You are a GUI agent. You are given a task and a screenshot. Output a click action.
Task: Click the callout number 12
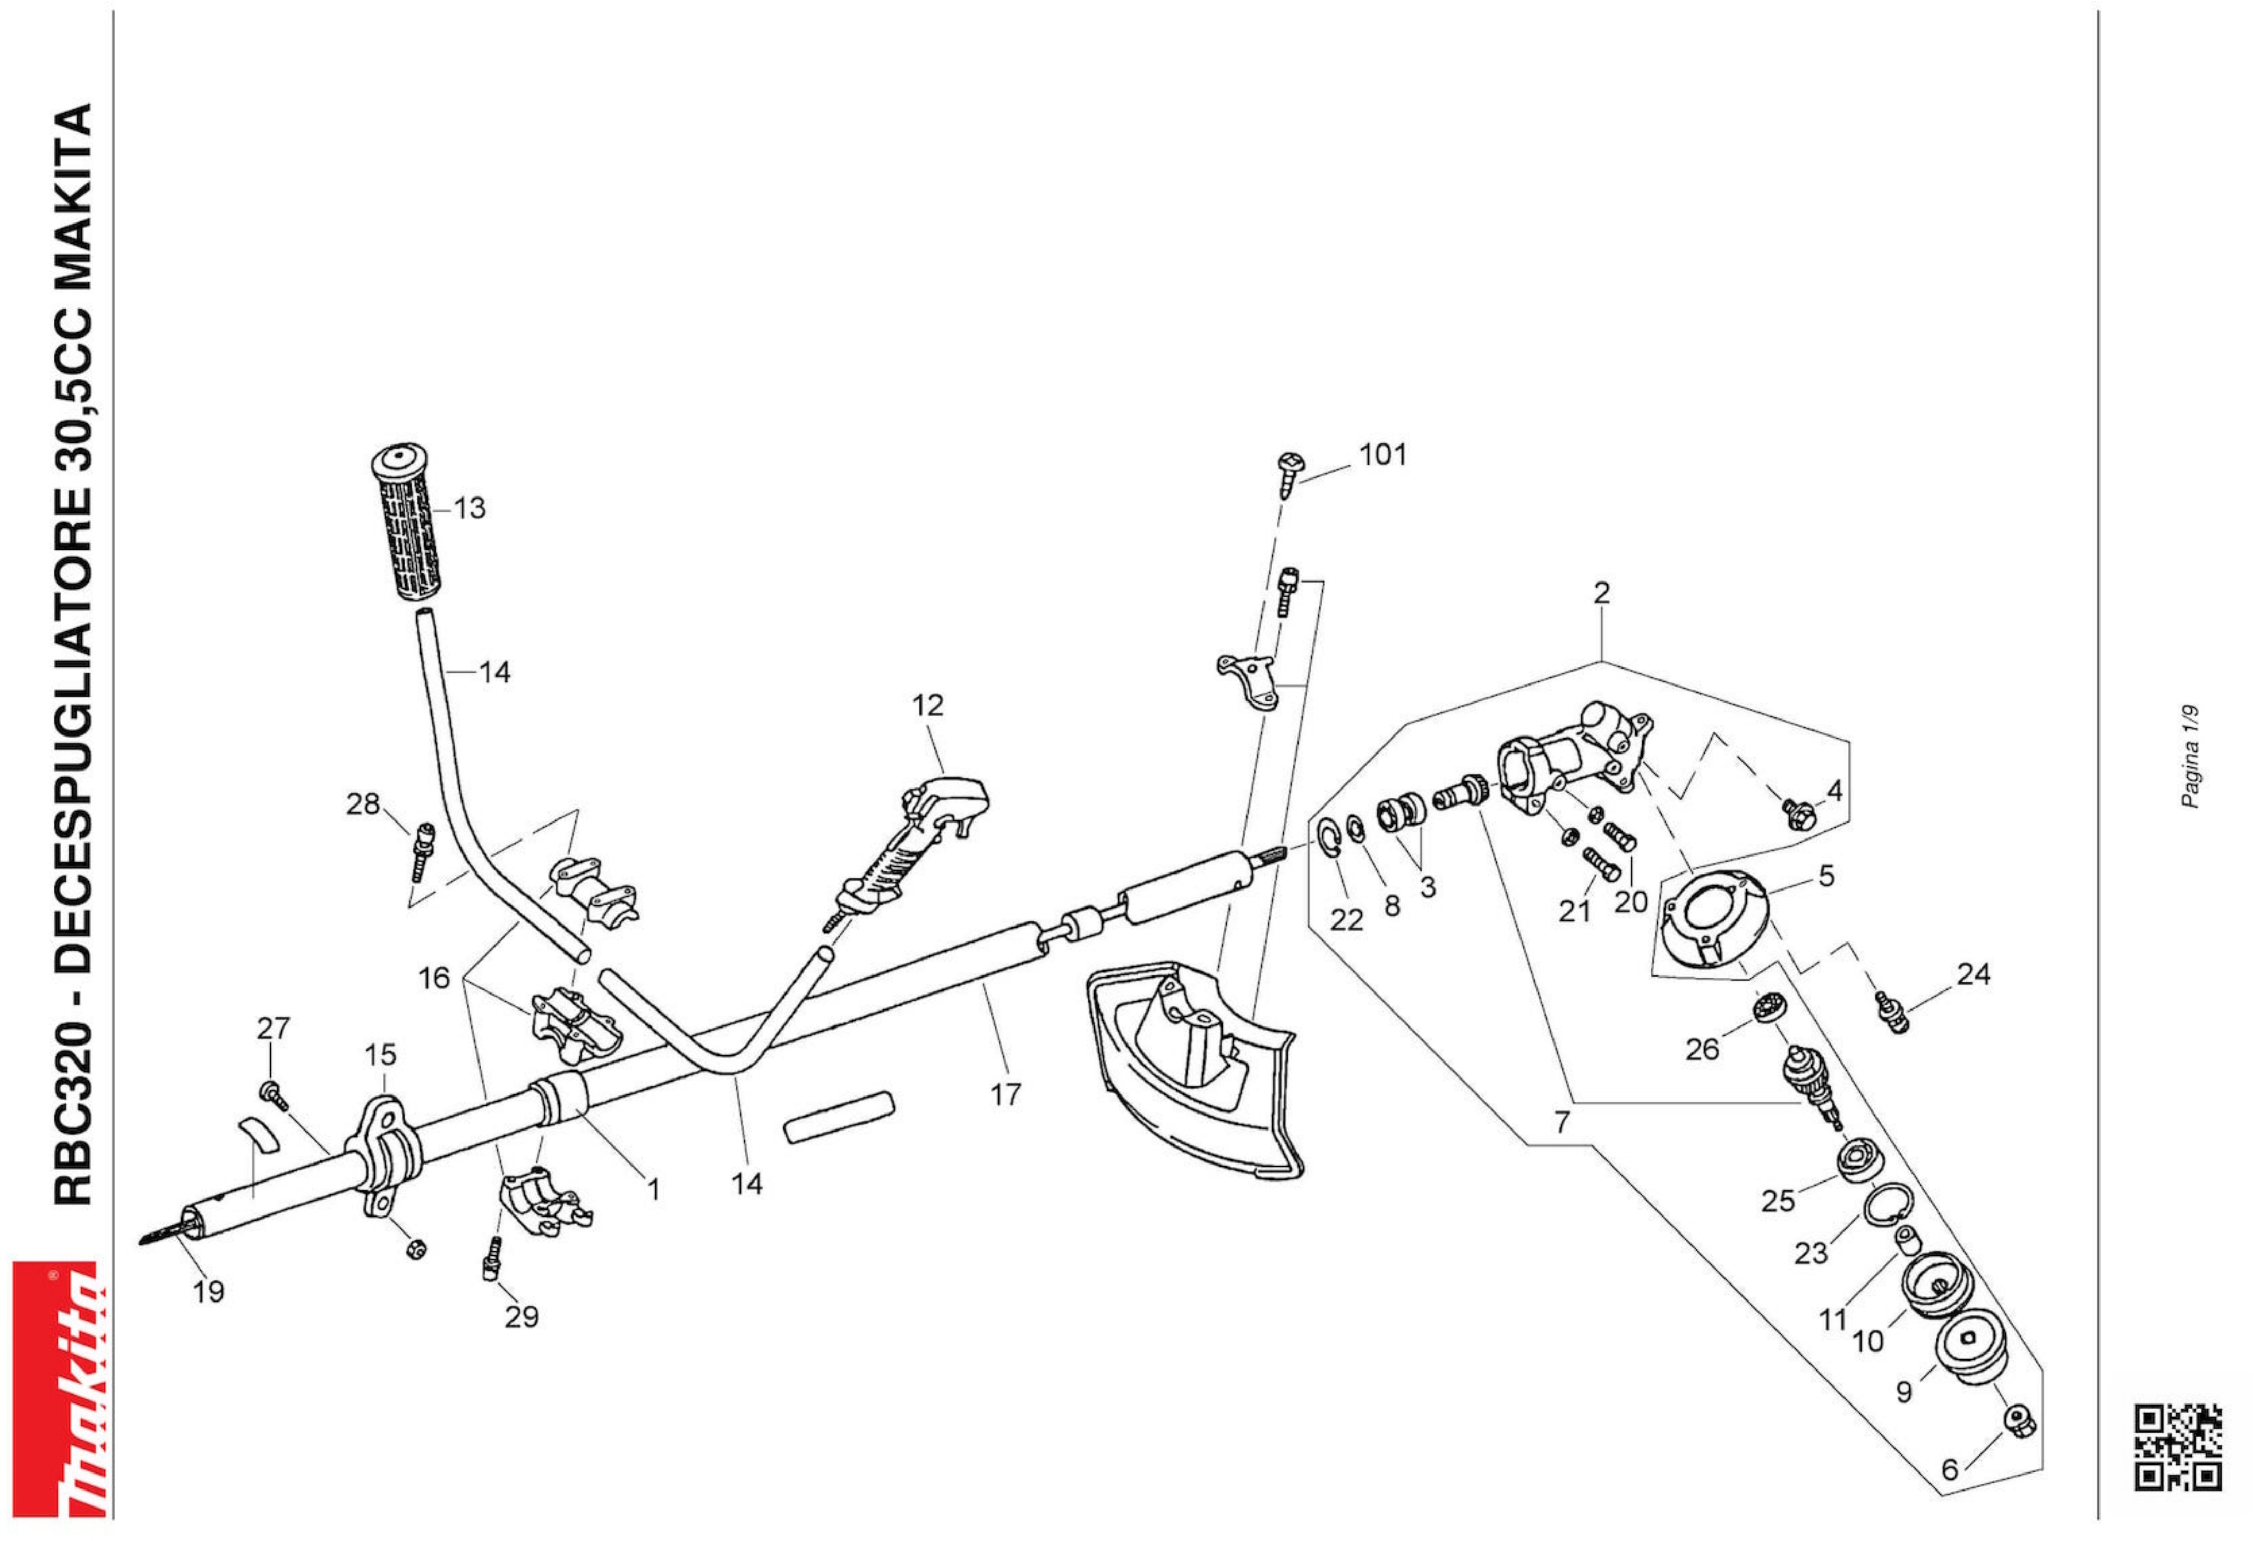(927, 705)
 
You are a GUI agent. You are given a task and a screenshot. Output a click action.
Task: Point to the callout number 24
(1974, 973)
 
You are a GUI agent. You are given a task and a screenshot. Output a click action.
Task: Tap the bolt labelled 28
(422, 849)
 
